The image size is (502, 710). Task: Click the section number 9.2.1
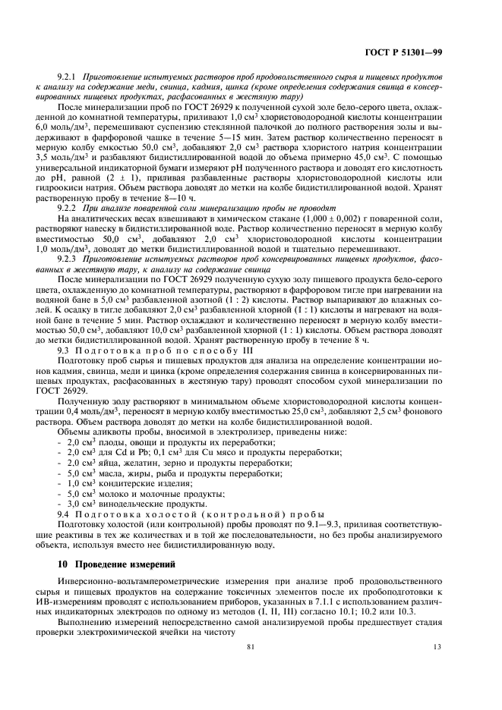click(68, 77)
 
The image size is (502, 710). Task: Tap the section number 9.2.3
click(68, 258)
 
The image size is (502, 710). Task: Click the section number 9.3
click(64, 351)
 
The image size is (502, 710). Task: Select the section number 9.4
click(64, 513)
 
